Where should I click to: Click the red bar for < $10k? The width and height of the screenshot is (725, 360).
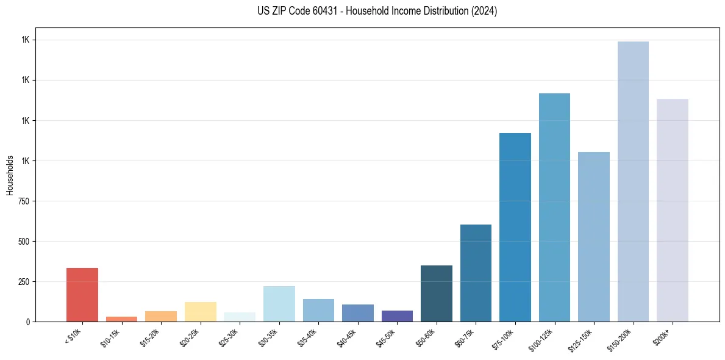82,295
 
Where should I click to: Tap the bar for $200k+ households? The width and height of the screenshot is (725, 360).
673,210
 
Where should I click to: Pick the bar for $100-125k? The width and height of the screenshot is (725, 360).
554,207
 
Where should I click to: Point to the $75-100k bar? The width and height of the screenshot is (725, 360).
515,227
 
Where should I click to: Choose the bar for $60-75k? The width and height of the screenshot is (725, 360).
476,273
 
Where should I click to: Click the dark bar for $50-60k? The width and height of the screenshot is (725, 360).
437,293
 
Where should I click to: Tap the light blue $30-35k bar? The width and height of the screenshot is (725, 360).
279,304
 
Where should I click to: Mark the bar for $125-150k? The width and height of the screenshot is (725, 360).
594,237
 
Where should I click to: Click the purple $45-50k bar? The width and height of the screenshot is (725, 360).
397,316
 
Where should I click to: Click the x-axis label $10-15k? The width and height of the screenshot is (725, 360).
110,337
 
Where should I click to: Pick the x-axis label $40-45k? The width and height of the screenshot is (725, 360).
346,337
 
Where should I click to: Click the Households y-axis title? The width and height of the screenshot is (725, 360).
10,175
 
